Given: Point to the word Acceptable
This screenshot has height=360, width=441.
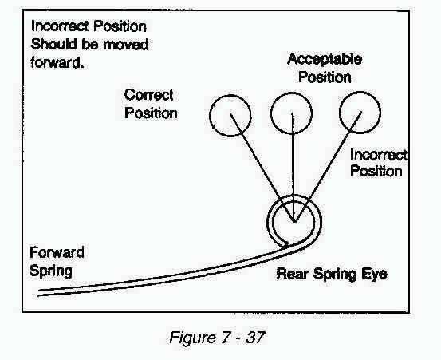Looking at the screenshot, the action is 325,60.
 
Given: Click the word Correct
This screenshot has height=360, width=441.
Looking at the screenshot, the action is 148,95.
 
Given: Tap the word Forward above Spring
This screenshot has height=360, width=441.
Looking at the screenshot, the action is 57,252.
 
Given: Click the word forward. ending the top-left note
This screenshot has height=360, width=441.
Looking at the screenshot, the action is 57,62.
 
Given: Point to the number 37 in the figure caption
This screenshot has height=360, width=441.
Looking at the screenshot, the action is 255,337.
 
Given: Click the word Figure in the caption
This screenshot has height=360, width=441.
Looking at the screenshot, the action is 193,338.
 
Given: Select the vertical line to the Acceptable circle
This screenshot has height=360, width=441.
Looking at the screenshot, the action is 293,167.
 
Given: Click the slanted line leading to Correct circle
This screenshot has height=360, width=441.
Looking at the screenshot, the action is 262,168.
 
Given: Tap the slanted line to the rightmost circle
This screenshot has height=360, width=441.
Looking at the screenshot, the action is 328,167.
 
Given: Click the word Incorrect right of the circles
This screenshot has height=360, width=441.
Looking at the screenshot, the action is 379,155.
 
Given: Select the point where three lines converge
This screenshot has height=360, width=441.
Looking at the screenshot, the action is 294,222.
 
